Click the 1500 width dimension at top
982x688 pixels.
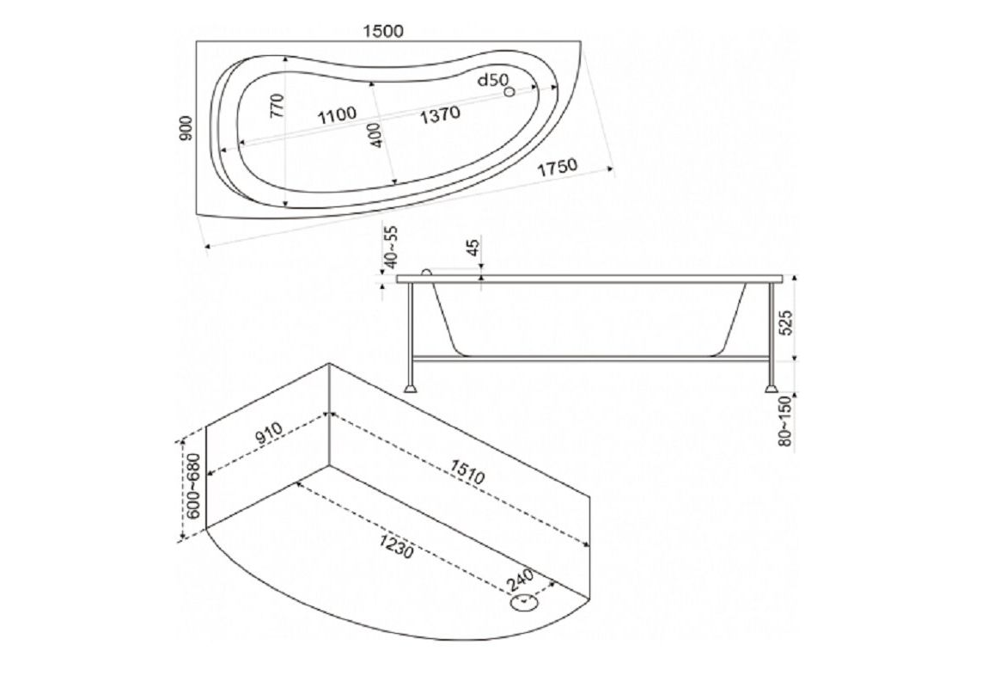[x=382, y=31]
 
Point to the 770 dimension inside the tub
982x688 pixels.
[x=278, y=106]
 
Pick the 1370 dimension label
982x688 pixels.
[x=440, y=114]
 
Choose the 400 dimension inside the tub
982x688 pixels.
[x=375, y=135]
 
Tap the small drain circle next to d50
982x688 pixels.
[x=509, y=91]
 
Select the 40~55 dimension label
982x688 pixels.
[x=392, y=248]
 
